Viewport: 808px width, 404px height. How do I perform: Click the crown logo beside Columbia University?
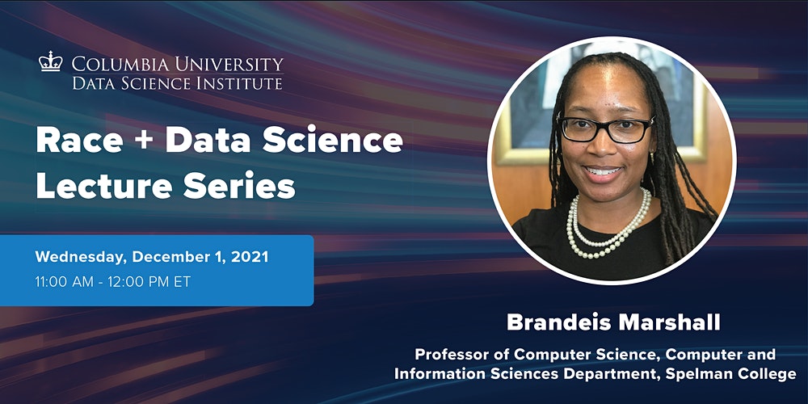pyautogui.click(x=50, y=61)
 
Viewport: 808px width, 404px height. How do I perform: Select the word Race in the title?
pyautogui.click(x=80, y=141)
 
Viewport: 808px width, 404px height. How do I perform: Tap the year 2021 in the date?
pyautogui.click(x=250, y=257)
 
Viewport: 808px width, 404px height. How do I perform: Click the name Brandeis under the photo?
pyautogui.click(x=558, y=322)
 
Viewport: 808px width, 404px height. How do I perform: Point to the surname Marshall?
pyautogui.click(x=668, y=322)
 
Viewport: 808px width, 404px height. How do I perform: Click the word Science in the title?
pyautogui.click(x=333, y=141)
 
